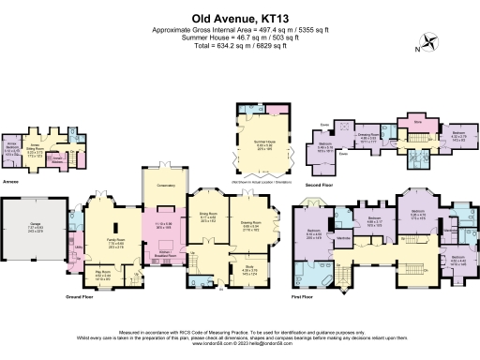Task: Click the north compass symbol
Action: [430, 40]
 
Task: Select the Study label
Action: [248, 270]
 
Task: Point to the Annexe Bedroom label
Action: [13, 145]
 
